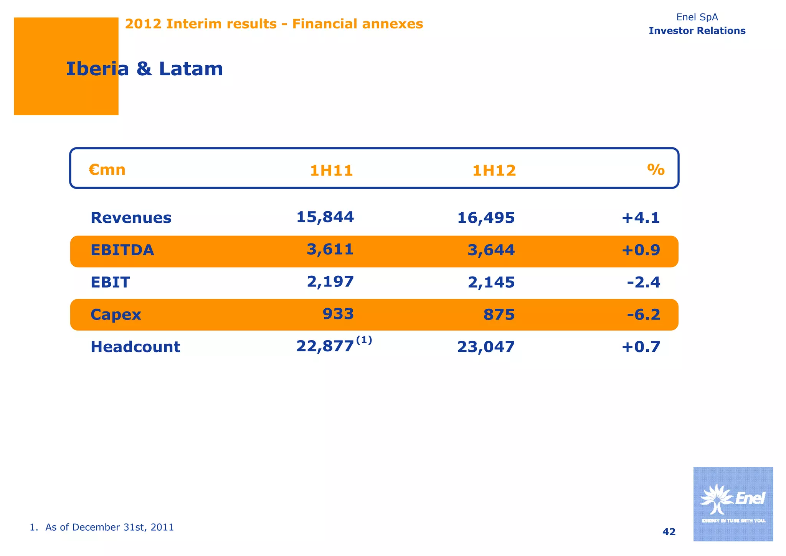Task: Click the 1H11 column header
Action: tap(331, 170)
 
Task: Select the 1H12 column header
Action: tap(494, 170)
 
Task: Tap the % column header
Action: tap(656, 169)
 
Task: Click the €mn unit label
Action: tap(107, 169)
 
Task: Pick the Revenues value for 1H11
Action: tap(325, 217)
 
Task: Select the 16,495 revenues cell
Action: tap(485, 218)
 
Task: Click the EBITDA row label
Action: tap(122, 250)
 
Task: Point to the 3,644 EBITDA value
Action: tap(491, 250)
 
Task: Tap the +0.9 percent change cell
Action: tap(641, 250)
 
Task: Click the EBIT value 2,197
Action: tap(330, 282)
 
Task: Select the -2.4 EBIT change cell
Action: tap(643, 283)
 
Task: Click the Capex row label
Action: tap(116, 315)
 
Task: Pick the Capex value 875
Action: tap(499, 315)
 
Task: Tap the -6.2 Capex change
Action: tap(643, 315)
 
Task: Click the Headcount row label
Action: tap(135, 347)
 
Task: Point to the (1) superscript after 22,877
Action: tap(364, 340)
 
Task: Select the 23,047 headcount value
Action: tap(485, 347)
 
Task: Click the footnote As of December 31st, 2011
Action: tap(102, 527)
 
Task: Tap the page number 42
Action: tap(669, 532)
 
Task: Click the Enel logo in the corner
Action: tap(733, 504)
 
